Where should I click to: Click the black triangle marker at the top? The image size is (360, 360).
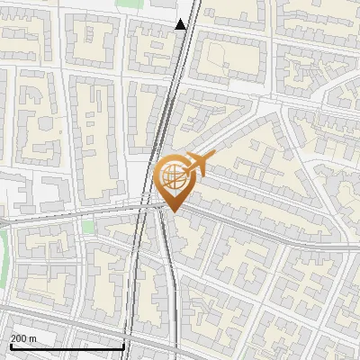pos(181,24)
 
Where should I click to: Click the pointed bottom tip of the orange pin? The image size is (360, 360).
pos(172,212)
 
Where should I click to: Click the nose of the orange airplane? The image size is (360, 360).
pos(213,157)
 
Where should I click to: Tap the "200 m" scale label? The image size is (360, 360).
pos(23,337)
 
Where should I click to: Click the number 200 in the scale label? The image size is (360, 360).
pos(19,337)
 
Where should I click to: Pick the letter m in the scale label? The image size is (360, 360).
pos(32,337)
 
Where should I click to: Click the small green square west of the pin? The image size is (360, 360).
pos(88,227)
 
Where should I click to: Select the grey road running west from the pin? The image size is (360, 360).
pos(72,214)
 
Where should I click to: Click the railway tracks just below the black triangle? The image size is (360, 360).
pos(177,54)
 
